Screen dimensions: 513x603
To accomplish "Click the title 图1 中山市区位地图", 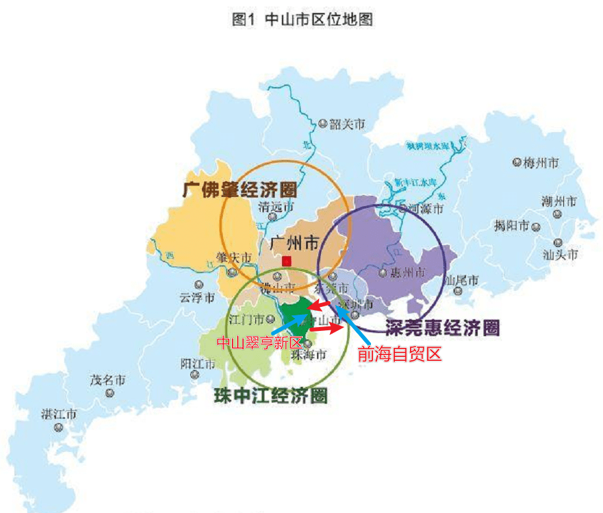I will coord(302,20).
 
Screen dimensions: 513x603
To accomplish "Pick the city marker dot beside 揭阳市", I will coord(536,227).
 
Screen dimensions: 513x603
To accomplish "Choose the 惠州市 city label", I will coord(408,272).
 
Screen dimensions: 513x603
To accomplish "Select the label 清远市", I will coord(276,207).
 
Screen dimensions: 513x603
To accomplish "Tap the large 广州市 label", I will coord(294,244).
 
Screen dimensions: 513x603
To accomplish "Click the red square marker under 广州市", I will coord(287,261).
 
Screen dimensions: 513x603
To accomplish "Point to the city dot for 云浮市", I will coord(198,284).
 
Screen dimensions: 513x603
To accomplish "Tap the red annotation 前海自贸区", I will coord(400,354).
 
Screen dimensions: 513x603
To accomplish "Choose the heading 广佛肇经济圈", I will coord(240,190).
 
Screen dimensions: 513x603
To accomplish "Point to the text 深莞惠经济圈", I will coord(442,328).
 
